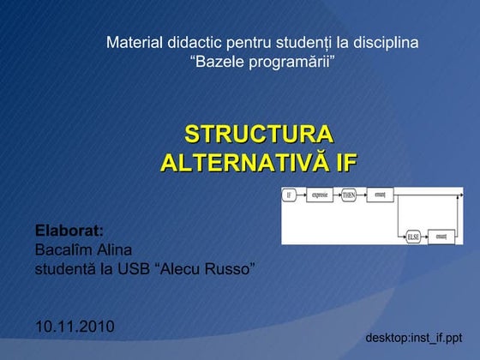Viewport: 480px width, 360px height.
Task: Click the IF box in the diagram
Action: (290, 195)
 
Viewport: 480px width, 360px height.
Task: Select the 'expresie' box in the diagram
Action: (320, 195)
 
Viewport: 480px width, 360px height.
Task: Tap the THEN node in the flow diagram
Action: (349, 195)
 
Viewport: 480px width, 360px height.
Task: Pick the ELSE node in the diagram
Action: (411, 232)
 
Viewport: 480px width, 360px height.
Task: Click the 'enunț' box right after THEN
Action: (378, 195)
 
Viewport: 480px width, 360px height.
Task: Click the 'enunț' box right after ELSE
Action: (441, 232)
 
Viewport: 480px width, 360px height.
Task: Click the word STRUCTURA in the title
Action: (259, 135)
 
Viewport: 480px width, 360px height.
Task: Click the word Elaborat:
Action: (69, 231)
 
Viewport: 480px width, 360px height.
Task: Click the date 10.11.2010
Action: (75, 327)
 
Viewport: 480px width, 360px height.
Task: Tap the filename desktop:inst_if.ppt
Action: (414, 337)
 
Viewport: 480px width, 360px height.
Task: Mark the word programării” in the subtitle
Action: (291, 62)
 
